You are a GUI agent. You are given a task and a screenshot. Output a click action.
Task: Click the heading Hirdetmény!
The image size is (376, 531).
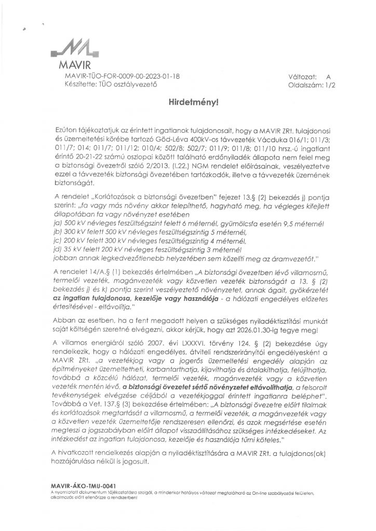pos(187,103)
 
